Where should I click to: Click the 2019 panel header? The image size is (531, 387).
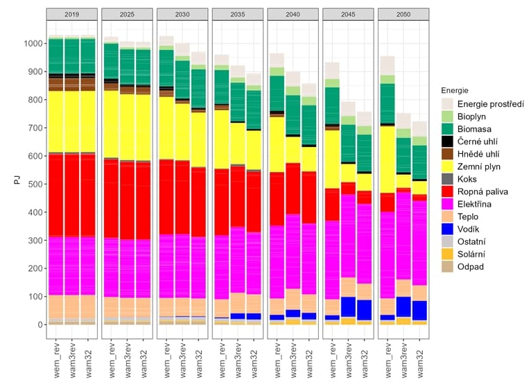coord(71,15)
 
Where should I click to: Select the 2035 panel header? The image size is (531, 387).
coord(238,15)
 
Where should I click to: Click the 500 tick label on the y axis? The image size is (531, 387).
coord(33,184)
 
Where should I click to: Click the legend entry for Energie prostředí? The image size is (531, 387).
coord(485,104)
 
